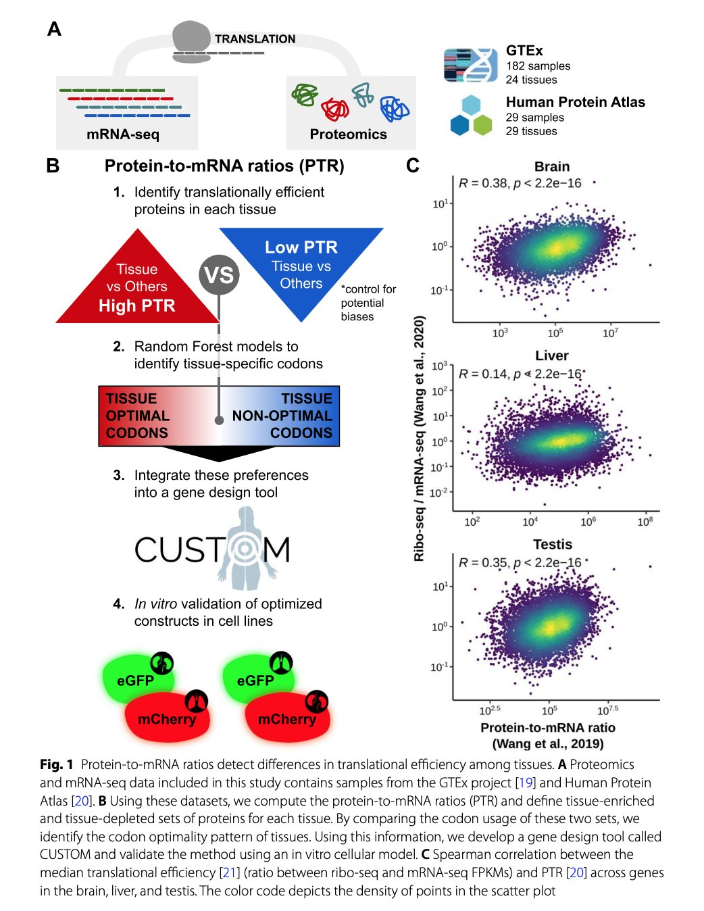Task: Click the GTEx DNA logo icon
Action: pos(470,65)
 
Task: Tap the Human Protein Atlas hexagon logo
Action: pos(471,116)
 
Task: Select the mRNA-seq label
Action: pos(123,134)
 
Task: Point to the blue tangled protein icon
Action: pos(394,108)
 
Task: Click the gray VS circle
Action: pos(219,275)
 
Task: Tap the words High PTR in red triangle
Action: pos(136,306)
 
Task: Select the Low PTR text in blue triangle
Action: pos(301,247)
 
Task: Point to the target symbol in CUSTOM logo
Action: pos(244,549)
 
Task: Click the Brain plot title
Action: pos(552,166)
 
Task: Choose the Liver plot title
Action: pos(552,355)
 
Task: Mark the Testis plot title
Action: pos(552,545)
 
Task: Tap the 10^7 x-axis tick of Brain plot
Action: pos(610,333)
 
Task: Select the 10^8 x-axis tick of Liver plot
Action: pos(645,522)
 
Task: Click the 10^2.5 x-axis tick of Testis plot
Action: pos(490,711)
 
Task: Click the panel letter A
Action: pos(54,29)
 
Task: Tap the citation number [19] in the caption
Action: pos(525,783)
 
